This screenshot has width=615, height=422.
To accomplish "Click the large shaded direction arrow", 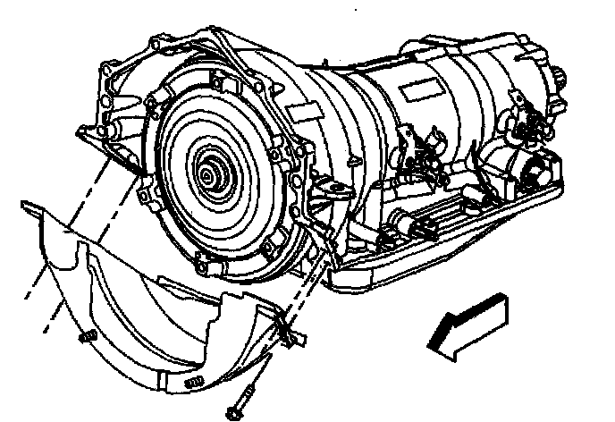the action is (x=469, y=326).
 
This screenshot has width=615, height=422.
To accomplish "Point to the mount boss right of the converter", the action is (x=328, y=190).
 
